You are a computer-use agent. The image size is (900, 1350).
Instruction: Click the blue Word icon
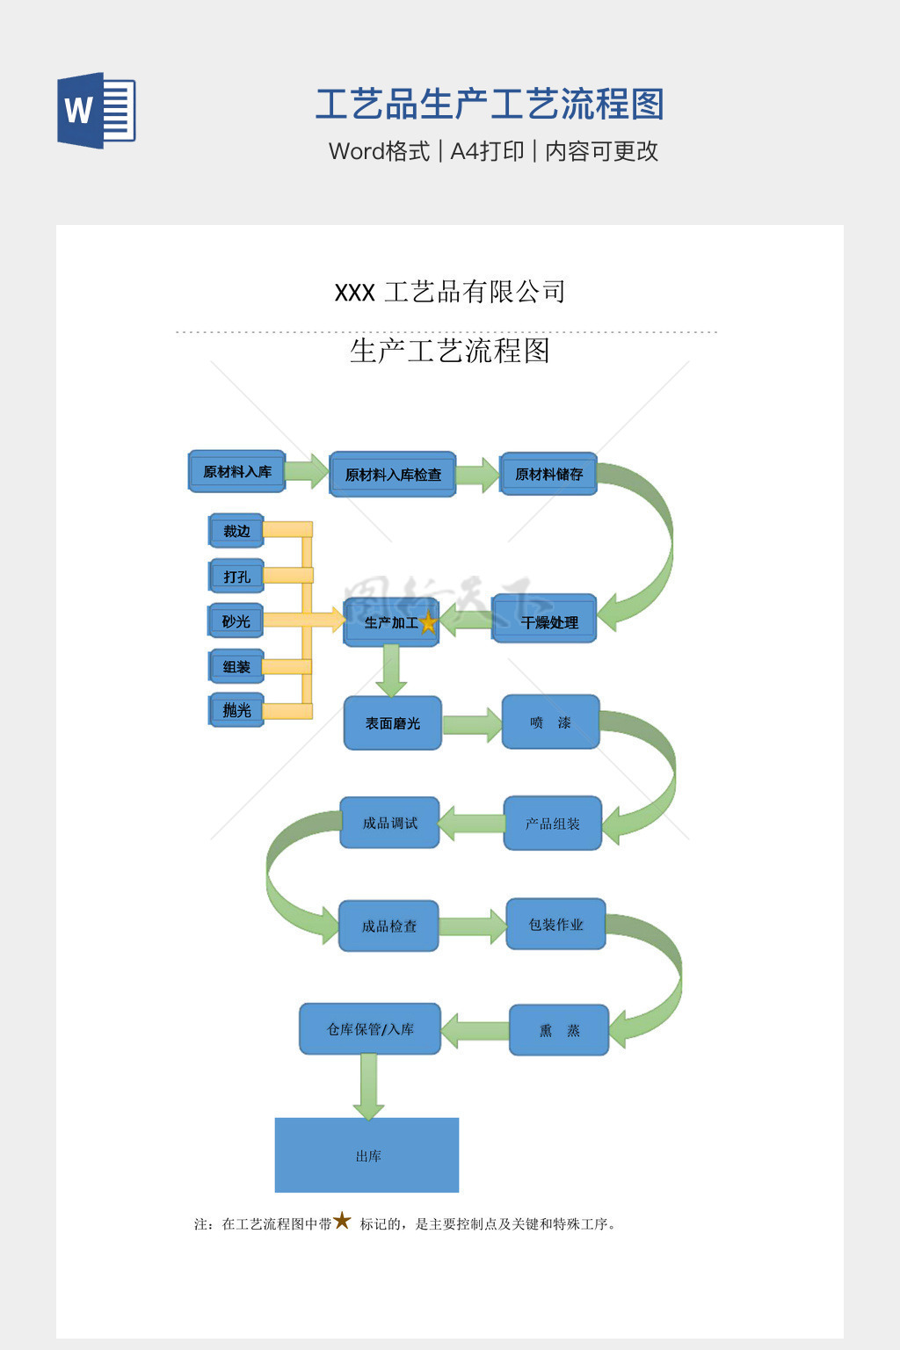pos(97,110)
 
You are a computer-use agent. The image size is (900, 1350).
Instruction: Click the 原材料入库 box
pos(237,472)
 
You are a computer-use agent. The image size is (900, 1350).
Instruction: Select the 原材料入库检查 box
pos(393,475)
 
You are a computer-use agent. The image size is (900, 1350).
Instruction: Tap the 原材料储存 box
pos(548,475)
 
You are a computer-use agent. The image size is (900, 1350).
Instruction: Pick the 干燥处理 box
pos(545,621)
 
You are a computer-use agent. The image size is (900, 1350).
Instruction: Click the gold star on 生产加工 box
pos(428,623)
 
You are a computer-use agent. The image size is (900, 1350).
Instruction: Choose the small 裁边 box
pos(236,531)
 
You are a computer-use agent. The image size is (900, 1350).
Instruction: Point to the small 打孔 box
pos(236,577)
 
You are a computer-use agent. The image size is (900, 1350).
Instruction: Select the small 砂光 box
pos(236,621)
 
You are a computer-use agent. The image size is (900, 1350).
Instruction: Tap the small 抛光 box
pos(236,710)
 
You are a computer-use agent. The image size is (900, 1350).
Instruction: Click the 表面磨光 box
pos(392,723)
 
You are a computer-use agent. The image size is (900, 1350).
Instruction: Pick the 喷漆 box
pos(550,722)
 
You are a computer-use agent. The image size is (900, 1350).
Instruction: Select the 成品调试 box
pos(389,823)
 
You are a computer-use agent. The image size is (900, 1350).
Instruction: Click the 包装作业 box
pos(555,925)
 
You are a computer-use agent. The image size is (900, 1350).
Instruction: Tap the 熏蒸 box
pos(559,1030)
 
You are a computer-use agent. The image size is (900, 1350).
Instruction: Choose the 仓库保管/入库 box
pos(370,1029)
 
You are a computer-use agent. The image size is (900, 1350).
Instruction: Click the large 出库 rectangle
pos(367,1155)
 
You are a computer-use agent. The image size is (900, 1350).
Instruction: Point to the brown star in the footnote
pos(342,1221)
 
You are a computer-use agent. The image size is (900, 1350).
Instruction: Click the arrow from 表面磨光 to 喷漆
pos(472,724)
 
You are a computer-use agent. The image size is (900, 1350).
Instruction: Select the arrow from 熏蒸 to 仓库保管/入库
pos(475,1030)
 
